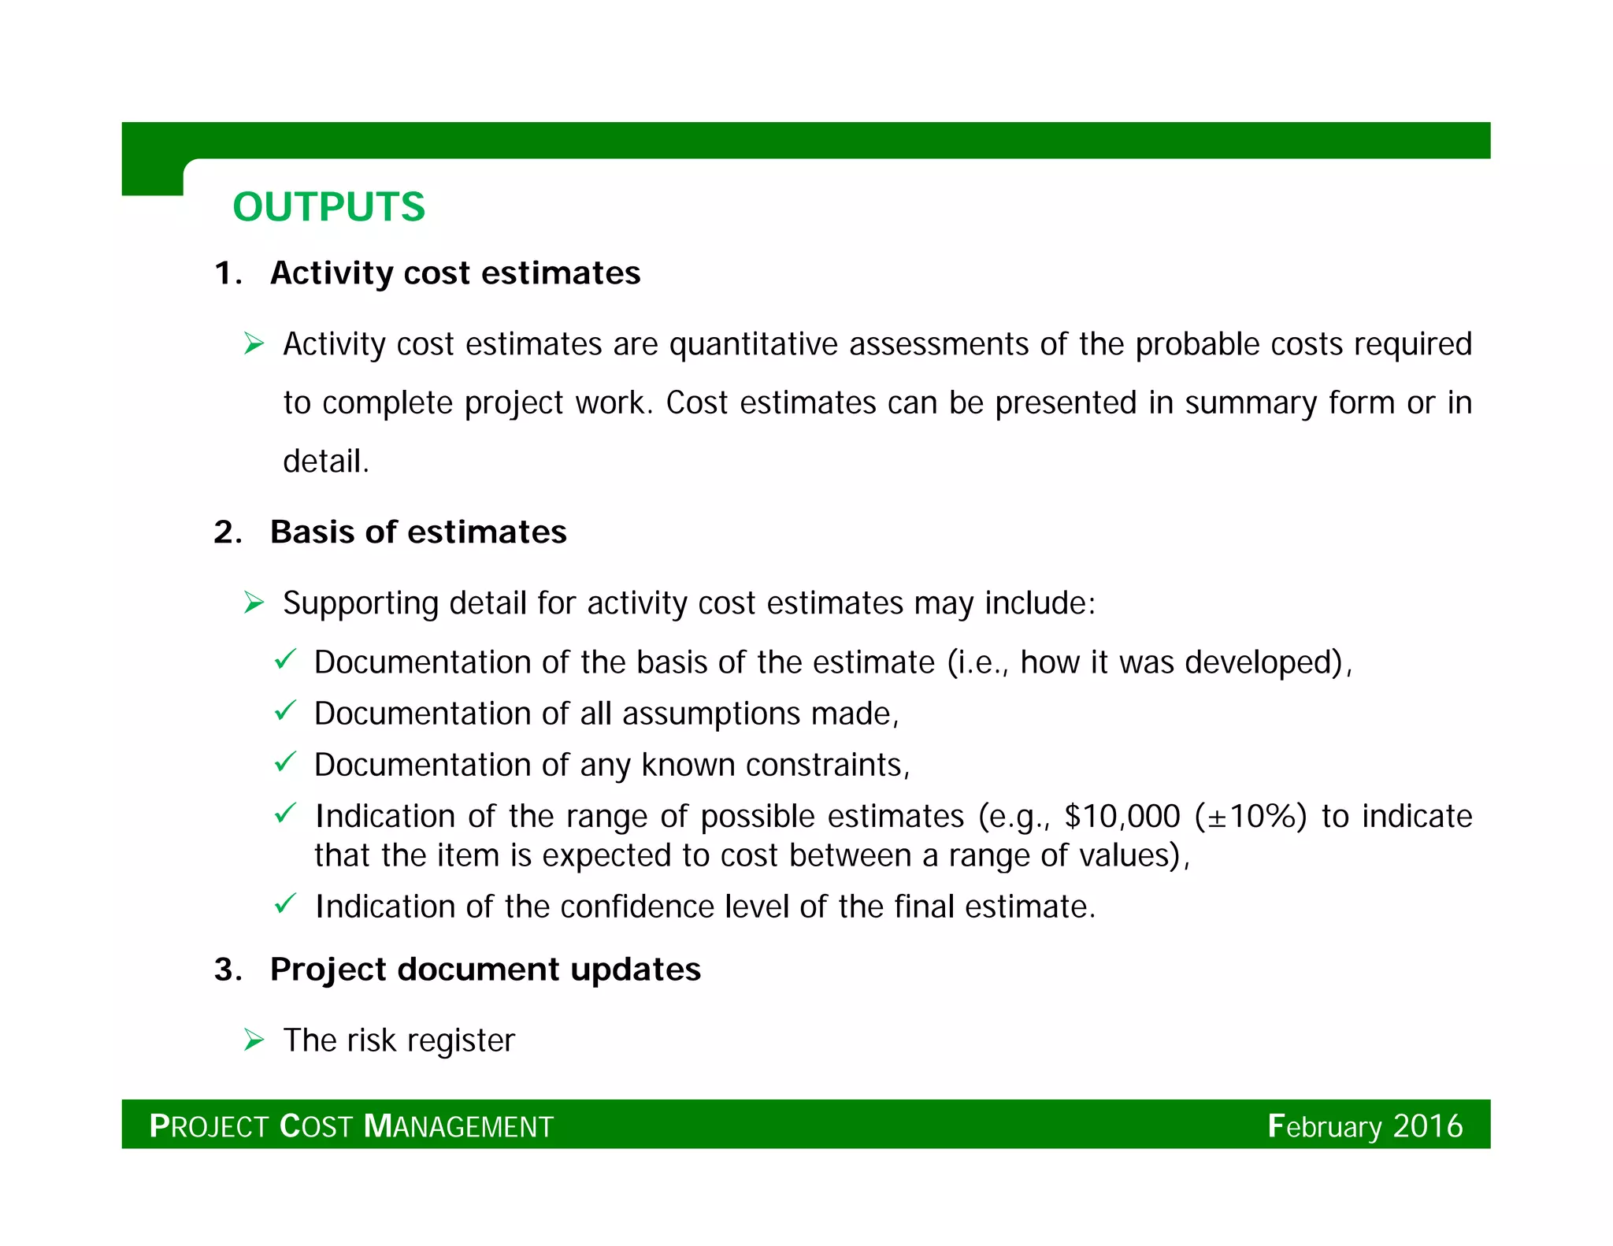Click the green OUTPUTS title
point(328,207)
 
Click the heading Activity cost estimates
point(454,273)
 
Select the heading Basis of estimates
point(417,532)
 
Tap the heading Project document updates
point(484,970)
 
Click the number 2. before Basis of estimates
point(227,532)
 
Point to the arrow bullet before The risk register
point(254,1040)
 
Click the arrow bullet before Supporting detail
point(254,603)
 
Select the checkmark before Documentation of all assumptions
point(284,711)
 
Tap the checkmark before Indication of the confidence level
point(284,903)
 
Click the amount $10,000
point(1122,817)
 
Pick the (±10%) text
point(1251,817)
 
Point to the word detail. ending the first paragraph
point(325,462)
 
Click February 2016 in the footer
point(1365,1126)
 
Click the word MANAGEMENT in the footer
point(459,1127)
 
